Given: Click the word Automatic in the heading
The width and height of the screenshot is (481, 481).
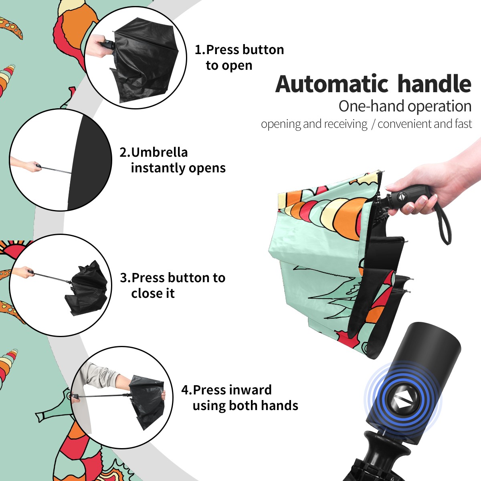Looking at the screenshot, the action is (x=332, y=84).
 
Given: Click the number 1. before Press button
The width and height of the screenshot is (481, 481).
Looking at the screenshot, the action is (x=200, y=50).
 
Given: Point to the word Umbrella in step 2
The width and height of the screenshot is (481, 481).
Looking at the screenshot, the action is (x=159, y=152).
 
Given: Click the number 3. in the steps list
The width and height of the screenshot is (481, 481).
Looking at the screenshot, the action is (x=125, y=278).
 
